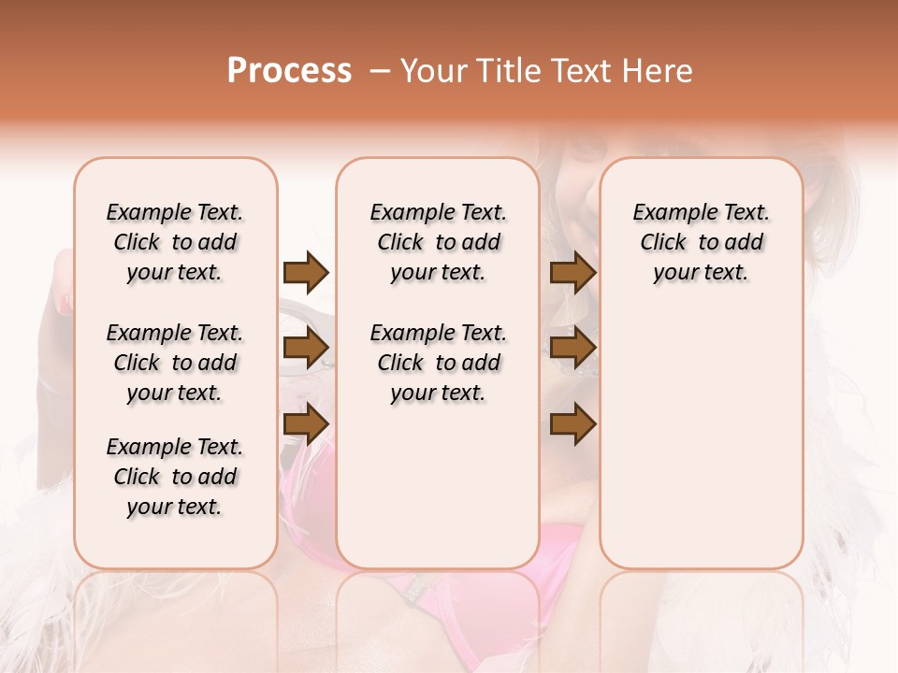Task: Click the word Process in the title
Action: coord(289,71)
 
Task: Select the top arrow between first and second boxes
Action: coord(306,272)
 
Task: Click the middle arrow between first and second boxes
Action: coord(306,348)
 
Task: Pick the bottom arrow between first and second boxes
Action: coord(306,423)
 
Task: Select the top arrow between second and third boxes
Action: coord(572,272)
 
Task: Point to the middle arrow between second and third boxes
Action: coord(572,348)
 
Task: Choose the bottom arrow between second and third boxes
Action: coord(572,423)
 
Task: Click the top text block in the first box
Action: coord(175,242)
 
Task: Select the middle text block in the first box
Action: coord(175,363)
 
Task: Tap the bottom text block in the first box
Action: coord(175,477)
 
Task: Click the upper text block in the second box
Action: coord(438,242)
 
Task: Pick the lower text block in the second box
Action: coord(438,363)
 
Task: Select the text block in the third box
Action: coord(702,242)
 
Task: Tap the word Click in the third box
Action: coord(663,243)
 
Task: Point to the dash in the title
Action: coord(380,71)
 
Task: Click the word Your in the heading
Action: coord(431,71)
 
